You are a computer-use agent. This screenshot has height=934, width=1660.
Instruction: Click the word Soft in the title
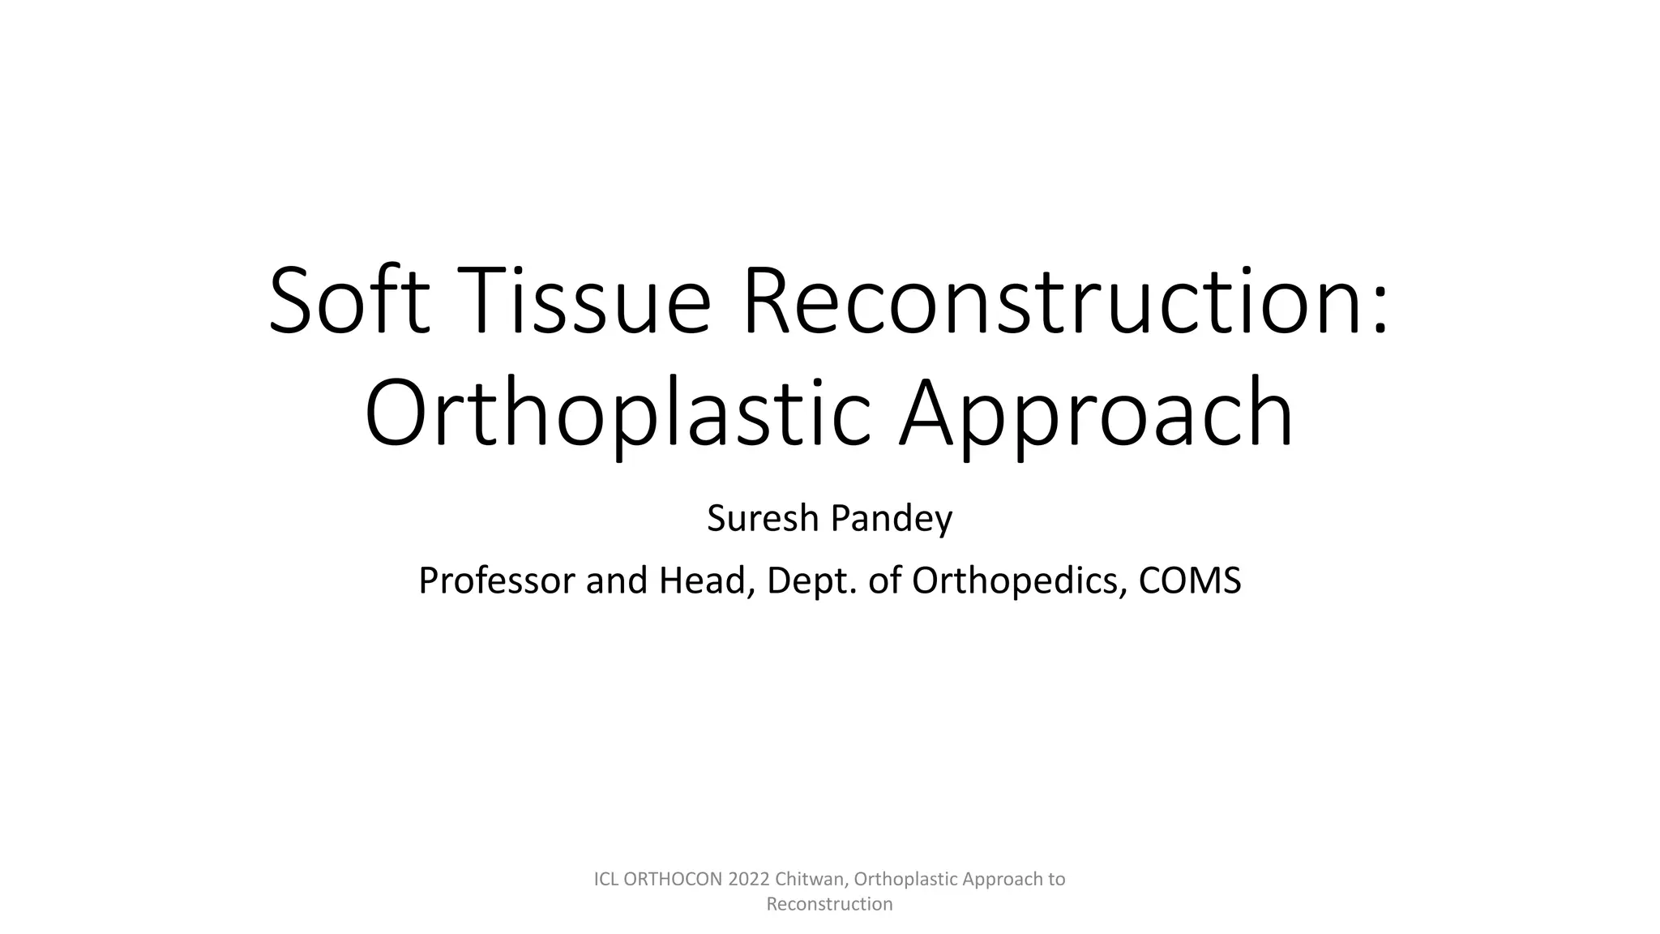coord(349,301)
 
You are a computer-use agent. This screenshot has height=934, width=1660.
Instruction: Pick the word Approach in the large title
coord(1096,415)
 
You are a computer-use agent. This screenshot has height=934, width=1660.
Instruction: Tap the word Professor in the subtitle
coord(496,581)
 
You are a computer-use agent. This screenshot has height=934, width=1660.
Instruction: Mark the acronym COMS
coord(1190,581)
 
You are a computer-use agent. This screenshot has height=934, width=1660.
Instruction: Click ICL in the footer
coord(606,879)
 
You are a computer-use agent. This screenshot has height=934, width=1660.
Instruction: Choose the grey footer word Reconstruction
coord(829,904)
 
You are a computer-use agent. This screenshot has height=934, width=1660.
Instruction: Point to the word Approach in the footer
coord(1003,879)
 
